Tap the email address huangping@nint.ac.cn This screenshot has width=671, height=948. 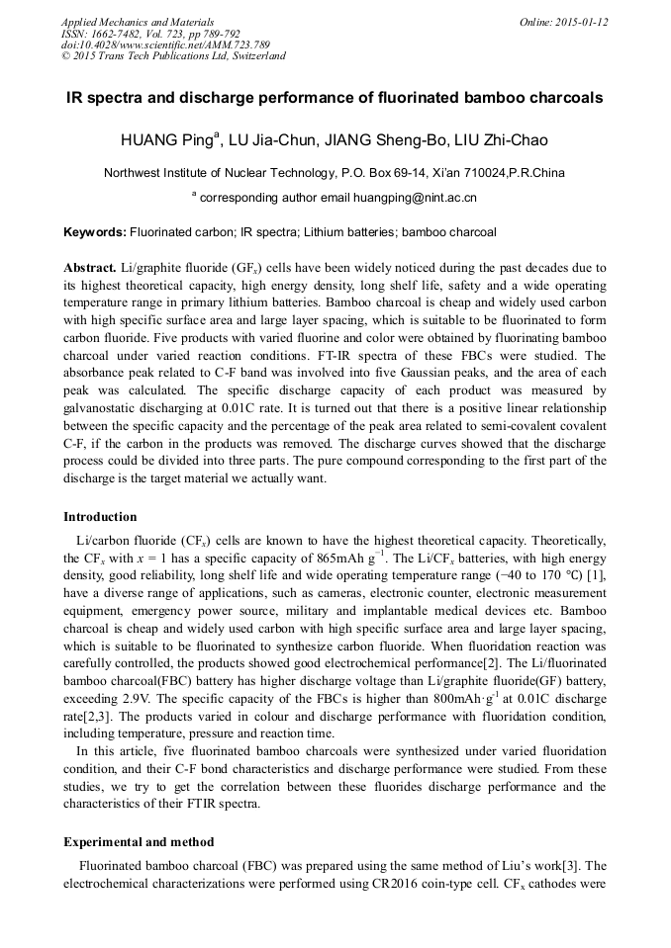[x=416, y=197]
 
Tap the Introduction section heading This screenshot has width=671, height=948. [x=100, y=516]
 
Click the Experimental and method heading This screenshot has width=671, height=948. [x=139, y=842]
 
